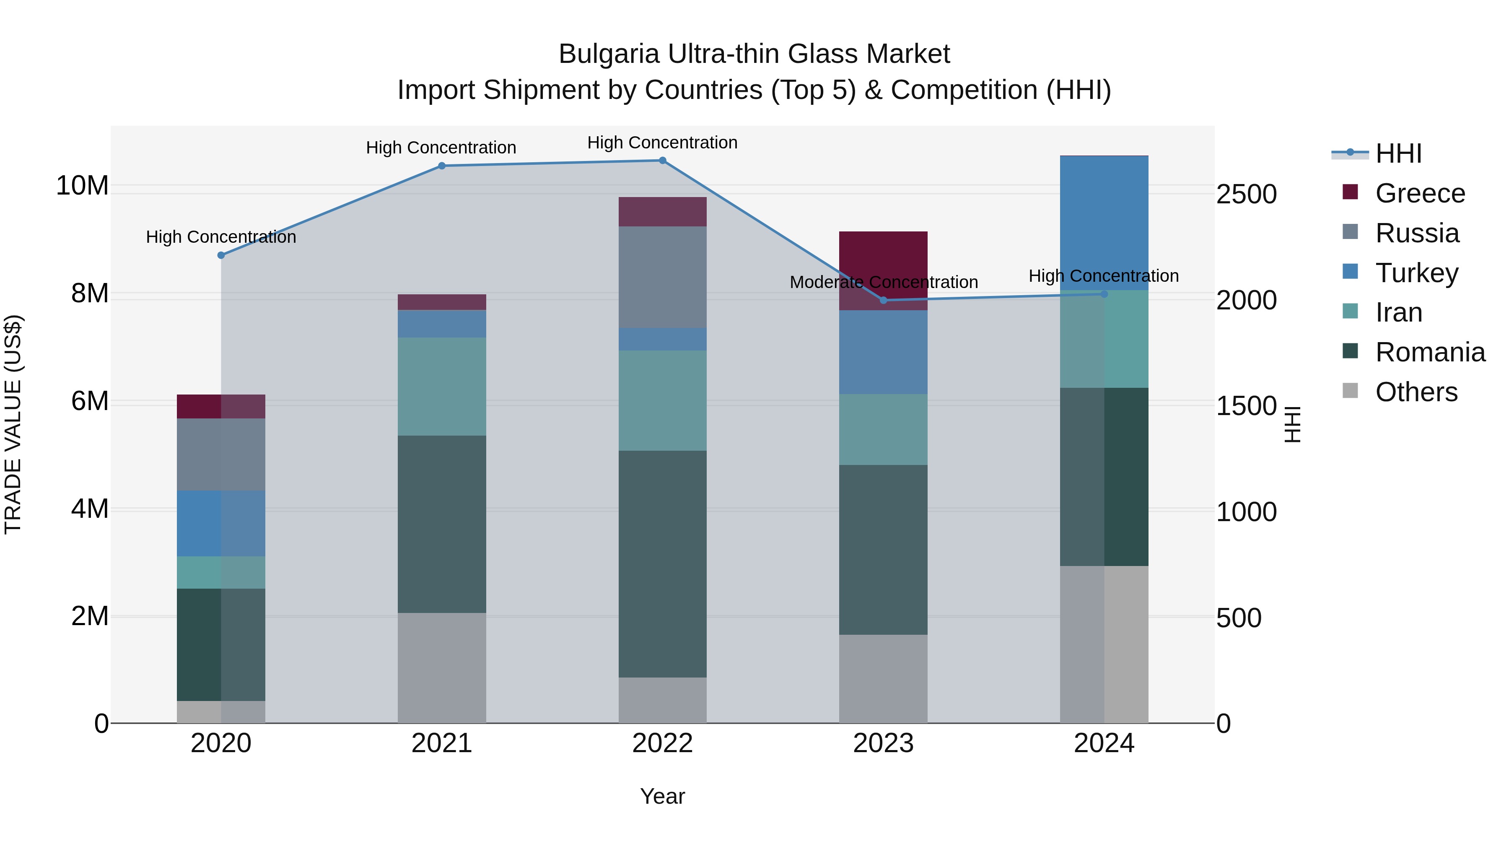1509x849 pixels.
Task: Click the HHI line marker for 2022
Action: pyautogui.click(x=663, y=161)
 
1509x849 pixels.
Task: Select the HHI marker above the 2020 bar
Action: pyautogui.click(x=221, y=255)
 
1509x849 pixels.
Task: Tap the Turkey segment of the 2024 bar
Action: pyautogui.click(x=1104, y=223)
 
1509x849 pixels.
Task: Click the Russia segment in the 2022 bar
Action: pyautogui.click(x=663, y=277)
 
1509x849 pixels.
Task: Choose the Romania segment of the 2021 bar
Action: pyautogui.click(x=442, y=524)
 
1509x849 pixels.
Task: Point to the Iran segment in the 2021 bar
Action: pyautogui.click(x=442, y=387)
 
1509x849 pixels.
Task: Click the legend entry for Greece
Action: pyautogui.click(x=1420, y=193)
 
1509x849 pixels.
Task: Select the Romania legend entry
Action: pyautogui.click(x=1430, y=352)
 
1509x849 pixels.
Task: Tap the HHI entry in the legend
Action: pyautogui.click(x=1398, y=153)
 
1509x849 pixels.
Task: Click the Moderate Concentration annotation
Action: pyautogui.click(x=883, y=283)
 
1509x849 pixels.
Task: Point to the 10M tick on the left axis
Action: pyautogui.click(x=82, y=186)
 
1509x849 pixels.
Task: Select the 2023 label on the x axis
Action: pyautogui.click(x=883, y=743)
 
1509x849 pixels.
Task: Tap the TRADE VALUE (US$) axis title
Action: pyautogui.click(x=13, y=424)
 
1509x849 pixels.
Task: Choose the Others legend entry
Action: pyautogui.click(x=1416, y=392)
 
